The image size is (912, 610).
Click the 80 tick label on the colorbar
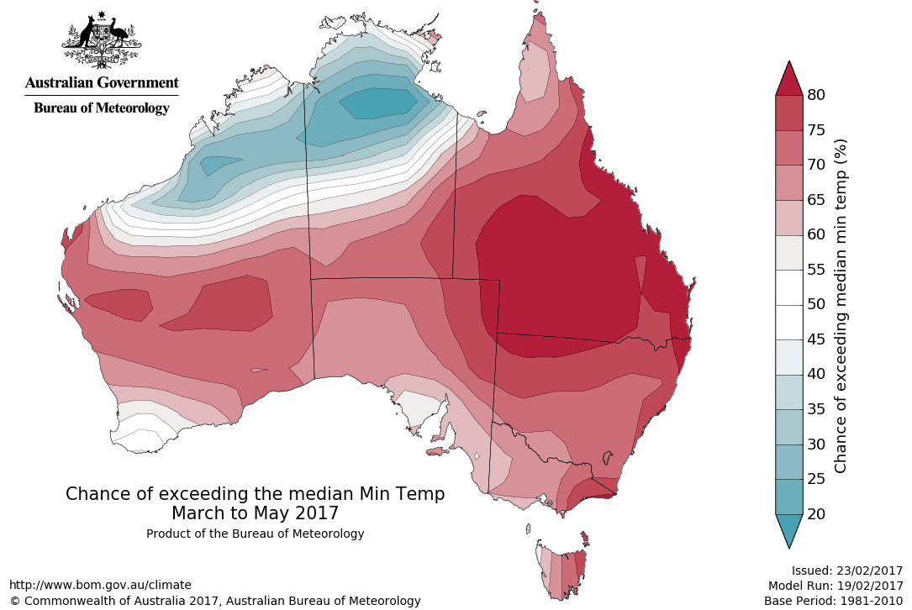click(815, 95)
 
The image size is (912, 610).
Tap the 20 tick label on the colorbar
click(815, 513)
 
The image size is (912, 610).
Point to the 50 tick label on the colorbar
click(815, 304)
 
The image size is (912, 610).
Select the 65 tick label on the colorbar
click(815, 200)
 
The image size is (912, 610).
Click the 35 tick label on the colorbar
click(815, 409)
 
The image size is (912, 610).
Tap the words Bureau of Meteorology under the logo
click(102, 108)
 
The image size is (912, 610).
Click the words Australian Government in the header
click(102, 82)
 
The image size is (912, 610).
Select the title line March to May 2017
click(255, 513)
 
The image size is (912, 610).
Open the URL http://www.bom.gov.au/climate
click(100, 585)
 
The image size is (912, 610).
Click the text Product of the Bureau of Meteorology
click(255, 534)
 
